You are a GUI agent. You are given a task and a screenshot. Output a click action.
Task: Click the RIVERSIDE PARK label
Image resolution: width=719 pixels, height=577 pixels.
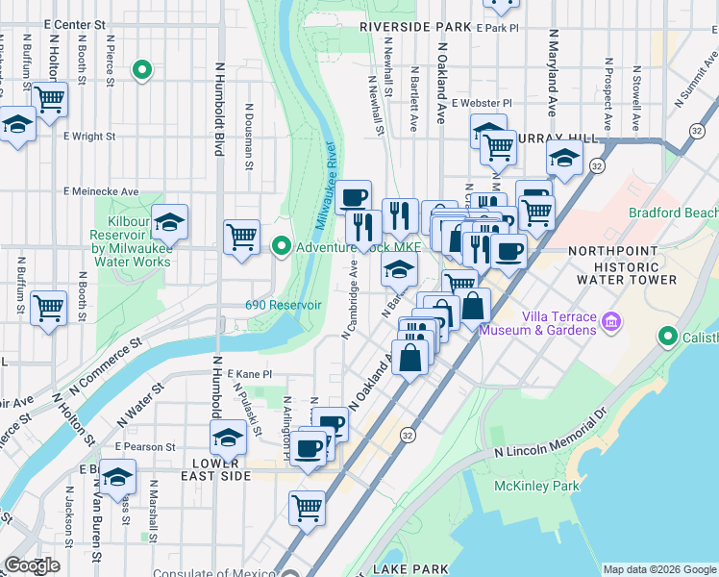point(415,28)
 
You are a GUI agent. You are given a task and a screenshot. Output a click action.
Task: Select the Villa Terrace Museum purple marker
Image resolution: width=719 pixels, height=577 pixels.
point(608,324)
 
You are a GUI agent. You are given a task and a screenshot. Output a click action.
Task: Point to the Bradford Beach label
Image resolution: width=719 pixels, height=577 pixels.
point(672,213)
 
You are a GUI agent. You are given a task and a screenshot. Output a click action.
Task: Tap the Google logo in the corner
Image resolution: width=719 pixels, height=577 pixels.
point(31,565)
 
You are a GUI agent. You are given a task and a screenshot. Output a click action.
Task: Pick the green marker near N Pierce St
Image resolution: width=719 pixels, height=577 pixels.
point(142,69)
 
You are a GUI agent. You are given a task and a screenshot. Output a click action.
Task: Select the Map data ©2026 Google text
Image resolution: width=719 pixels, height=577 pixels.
point(658,569)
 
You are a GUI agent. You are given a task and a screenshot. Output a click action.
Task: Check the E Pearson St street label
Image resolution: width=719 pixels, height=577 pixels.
point(145,447)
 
